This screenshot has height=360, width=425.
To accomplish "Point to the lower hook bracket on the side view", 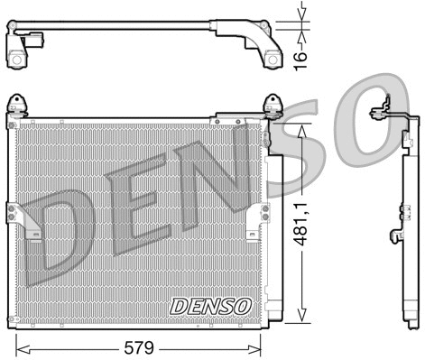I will [394, 236].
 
